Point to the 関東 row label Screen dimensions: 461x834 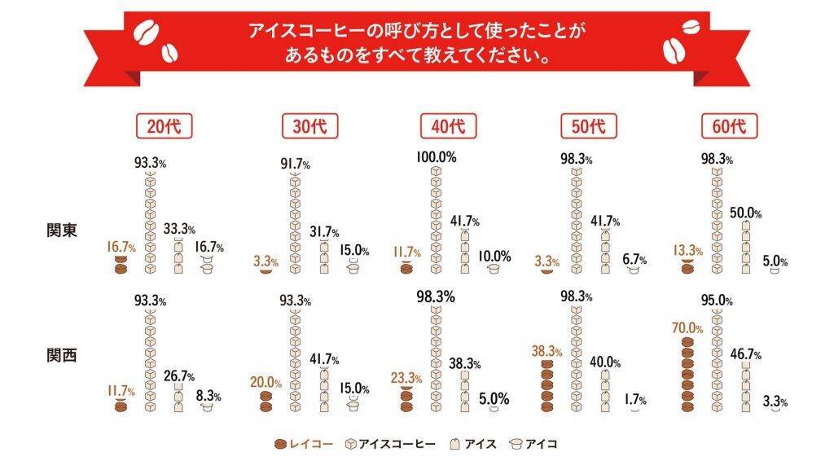click(62, 230)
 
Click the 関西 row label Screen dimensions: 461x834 click(62, 356)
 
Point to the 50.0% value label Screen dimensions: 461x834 click(745, 213)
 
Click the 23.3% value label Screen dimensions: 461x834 click(406, 378)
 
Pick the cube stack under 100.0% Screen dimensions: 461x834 click(436, 220)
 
